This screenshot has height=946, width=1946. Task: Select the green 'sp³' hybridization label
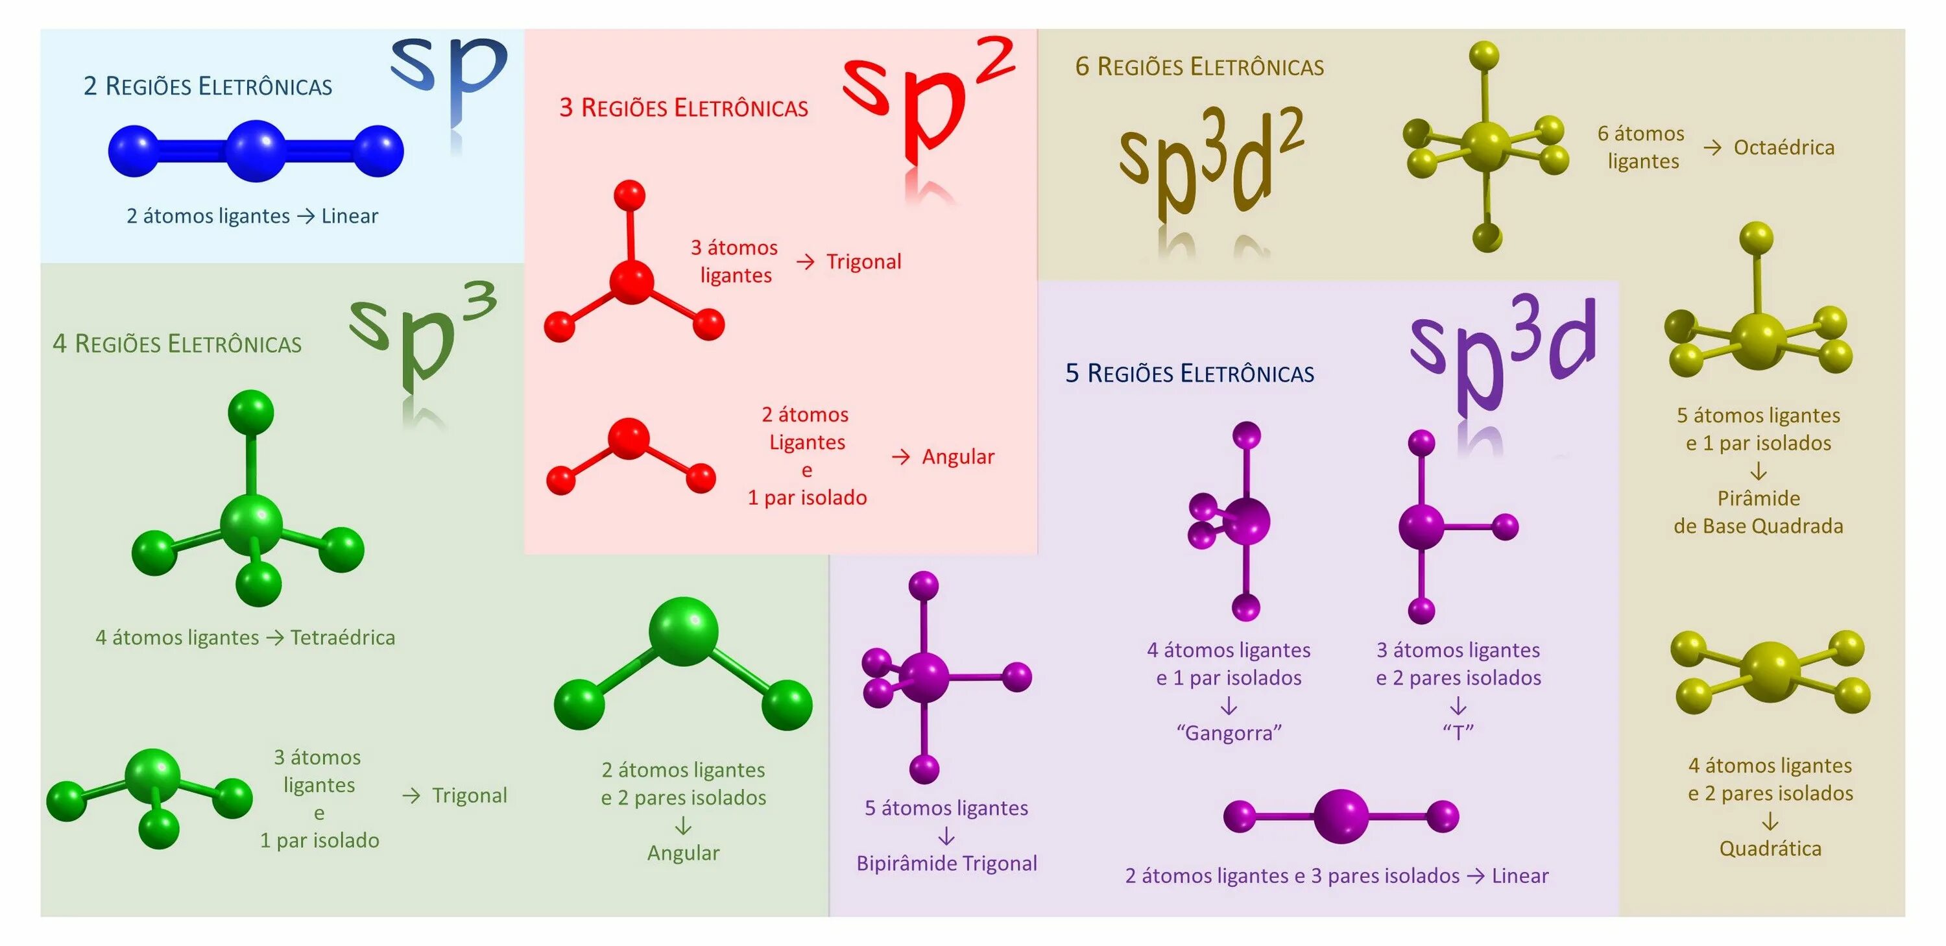(423, 332)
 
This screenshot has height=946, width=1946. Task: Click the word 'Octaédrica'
(1784, 147)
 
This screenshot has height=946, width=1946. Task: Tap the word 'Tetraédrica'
(342, 638)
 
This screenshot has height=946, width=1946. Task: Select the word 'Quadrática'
(1770, 849)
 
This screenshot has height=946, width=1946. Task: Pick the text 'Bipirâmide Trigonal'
(946, 864)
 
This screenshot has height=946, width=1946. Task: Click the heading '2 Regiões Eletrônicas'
(208, 86)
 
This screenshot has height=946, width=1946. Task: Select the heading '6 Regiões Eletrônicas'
(1199, 66)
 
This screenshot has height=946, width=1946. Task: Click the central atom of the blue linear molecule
(256, 151)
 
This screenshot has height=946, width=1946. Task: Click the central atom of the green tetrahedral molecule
(252, 524)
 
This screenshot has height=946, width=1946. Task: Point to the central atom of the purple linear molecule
(1341, 816)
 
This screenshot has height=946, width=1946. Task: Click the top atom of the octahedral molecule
(1484, 56)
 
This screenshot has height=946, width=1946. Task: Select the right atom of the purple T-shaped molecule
(1506, 527)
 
